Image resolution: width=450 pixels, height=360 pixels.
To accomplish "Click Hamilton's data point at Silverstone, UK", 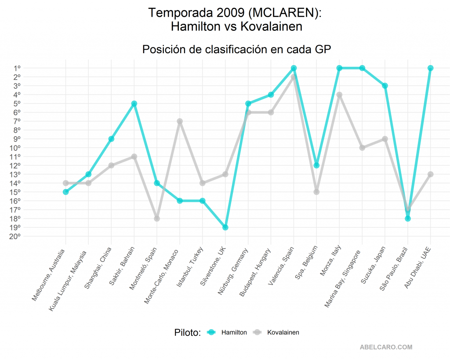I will tap(225, 227).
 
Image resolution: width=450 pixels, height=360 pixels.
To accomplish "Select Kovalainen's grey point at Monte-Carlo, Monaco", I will tap(180, 121).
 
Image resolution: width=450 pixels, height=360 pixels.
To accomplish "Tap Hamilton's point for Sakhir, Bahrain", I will tap(134, 104).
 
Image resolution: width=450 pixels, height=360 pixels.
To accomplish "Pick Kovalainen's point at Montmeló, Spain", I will tap(157, 218).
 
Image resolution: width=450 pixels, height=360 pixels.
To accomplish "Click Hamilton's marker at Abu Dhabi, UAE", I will tap(431, 68).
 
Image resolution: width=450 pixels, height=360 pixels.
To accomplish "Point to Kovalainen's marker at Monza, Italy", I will tap(339, 95).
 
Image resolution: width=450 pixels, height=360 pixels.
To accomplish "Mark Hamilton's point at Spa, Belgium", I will tap(316, 165).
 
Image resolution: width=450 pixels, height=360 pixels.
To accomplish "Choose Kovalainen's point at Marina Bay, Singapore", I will tap(362, 148).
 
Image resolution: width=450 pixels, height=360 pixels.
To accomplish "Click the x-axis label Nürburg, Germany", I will tap(234, 273).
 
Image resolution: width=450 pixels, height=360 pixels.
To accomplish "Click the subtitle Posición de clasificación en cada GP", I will tap(236, 50).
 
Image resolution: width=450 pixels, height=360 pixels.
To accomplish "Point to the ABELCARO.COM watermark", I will tap(386, 347).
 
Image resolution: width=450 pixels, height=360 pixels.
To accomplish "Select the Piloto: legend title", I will tap(187, 333).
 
